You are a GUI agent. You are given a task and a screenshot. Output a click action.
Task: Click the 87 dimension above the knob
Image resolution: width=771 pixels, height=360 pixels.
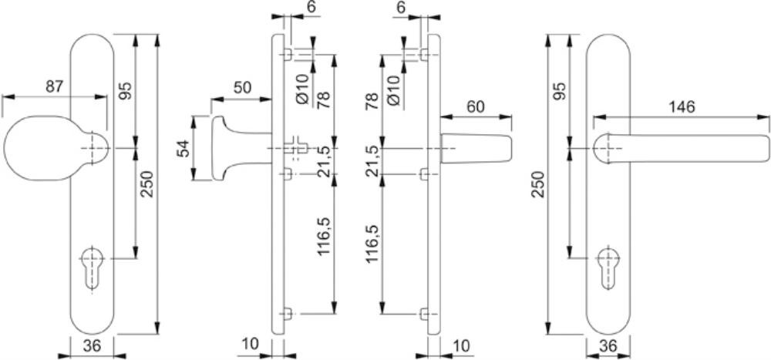coord(55,86)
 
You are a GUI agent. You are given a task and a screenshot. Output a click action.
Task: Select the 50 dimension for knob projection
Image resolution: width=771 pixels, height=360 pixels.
coord(242,88)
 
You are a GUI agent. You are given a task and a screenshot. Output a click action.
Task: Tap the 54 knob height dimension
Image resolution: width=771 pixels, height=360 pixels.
coord(183,149)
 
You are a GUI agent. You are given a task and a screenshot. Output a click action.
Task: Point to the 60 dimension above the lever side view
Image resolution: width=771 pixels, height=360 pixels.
coord(476,106)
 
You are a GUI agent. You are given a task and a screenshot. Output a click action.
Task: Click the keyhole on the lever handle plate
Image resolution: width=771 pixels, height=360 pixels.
coord(608,267)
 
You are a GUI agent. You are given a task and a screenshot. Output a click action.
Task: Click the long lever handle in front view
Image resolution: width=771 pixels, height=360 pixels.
coord(681,147)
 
